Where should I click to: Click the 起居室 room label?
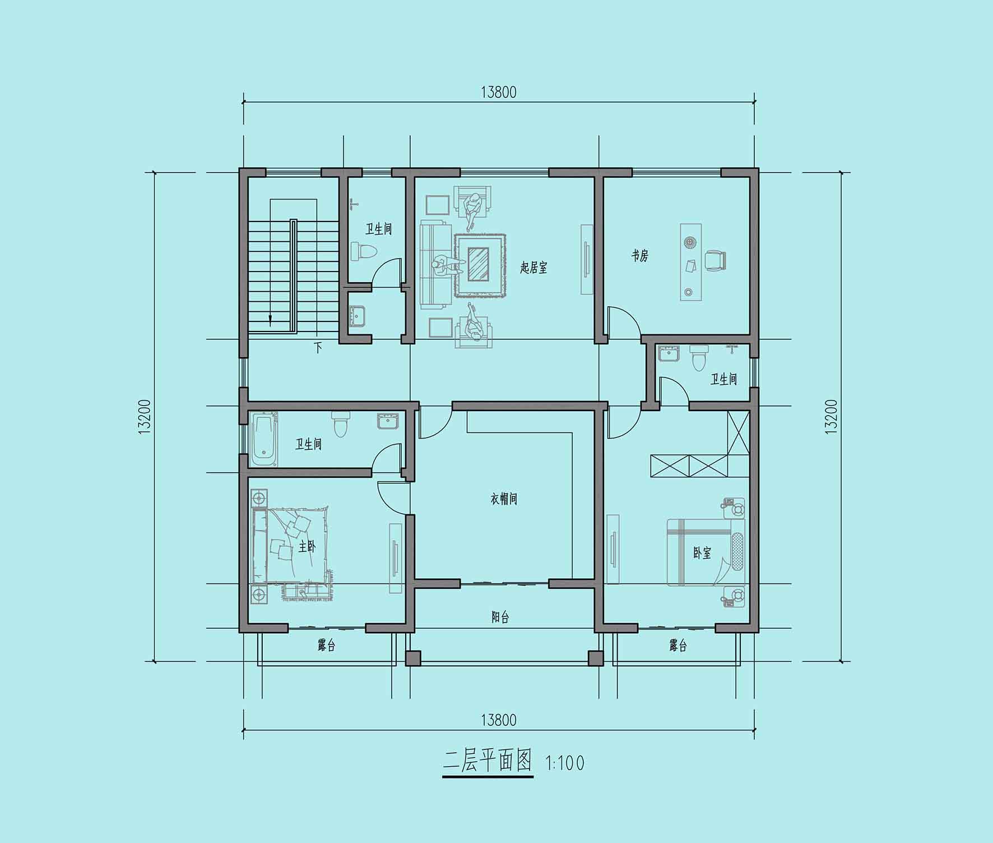(x=533, y=267)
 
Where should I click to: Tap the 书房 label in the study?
(x=640, y=256)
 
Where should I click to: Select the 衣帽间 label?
(x=504, y=499)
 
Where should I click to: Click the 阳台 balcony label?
(x=500, y=618)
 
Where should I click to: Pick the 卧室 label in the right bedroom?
(x=702, y=553)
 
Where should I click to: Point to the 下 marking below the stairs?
(x=318, y=348)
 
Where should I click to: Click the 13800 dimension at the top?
(x=498, y=92)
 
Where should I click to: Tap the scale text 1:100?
(x=564, y=763)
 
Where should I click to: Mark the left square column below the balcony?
(x=413, y=658)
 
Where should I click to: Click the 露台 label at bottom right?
(x=678, y=646)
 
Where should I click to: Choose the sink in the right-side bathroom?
(x=669, y=354)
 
